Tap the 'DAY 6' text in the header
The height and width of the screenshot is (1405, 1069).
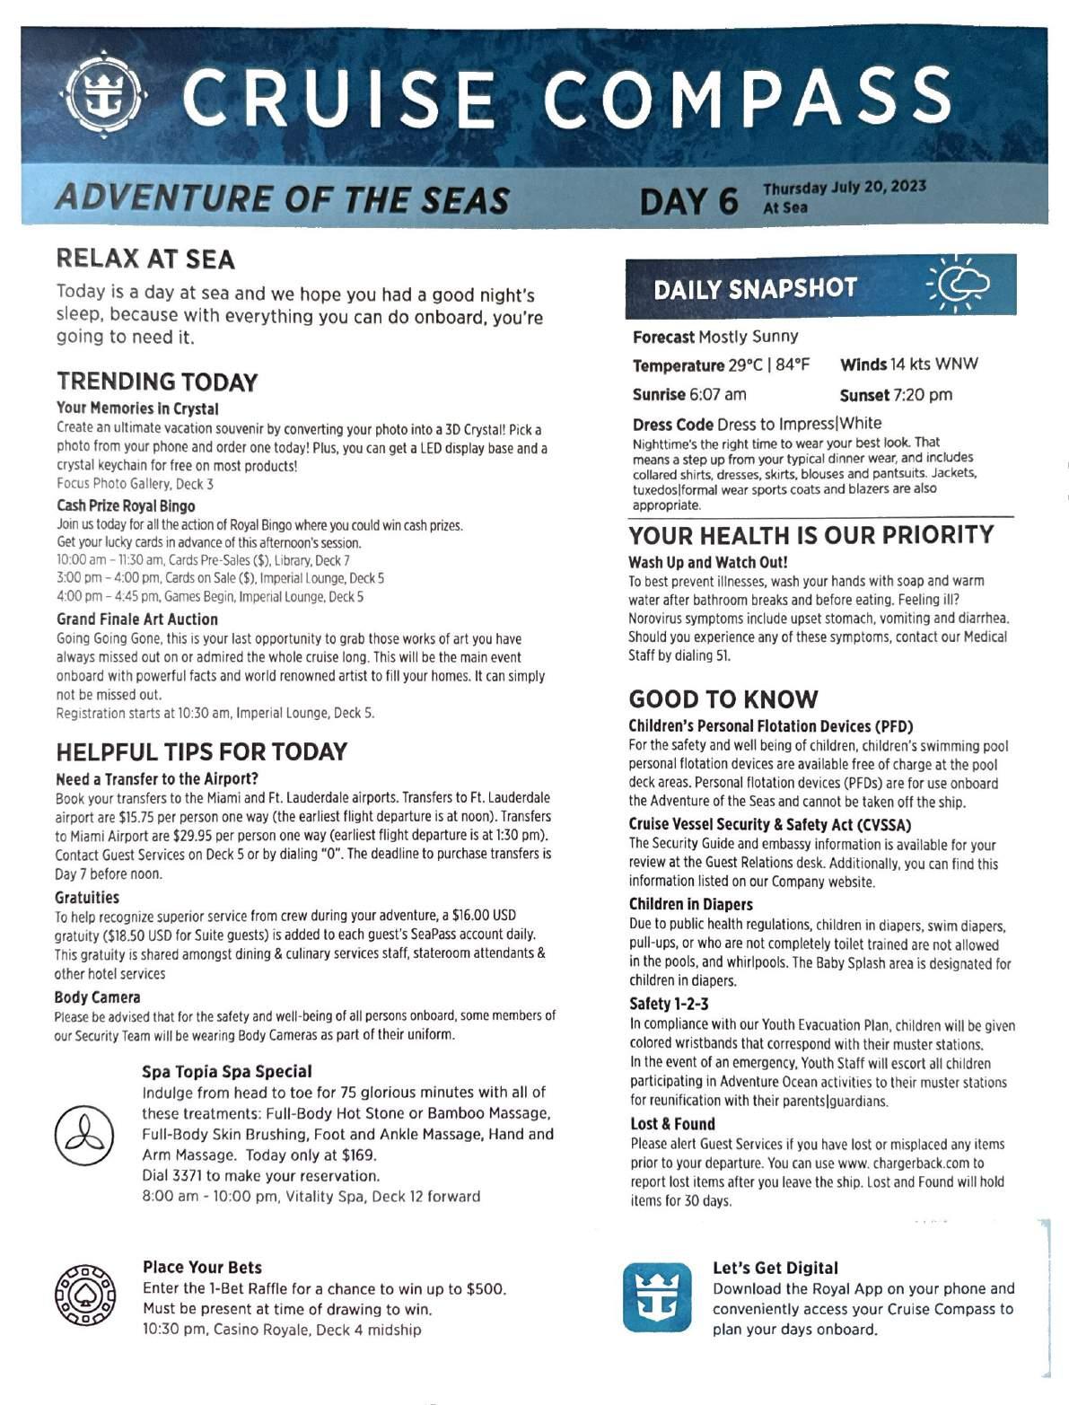tap(688, 200)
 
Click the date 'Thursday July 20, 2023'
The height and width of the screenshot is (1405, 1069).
tap(845, 188)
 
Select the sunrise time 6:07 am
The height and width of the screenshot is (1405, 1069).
tap(717, 394)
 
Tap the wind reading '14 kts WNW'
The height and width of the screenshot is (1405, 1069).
tap(934, 364)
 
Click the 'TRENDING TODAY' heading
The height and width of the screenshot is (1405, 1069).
tap(156, 382)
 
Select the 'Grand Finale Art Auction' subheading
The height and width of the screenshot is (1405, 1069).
tap(137, 619)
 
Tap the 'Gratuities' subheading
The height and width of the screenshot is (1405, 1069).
tap(86, 898)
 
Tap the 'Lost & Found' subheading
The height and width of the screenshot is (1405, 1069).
tap(672, 1124)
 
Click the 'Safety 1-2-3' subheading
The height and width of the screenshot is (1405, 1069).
tap(669, 1004)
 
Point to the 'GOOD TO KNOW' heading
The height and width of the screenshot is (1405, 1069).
tap(723, 699)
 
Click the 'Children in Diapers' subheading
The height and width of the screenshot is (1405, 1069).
tap(690, 904)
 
